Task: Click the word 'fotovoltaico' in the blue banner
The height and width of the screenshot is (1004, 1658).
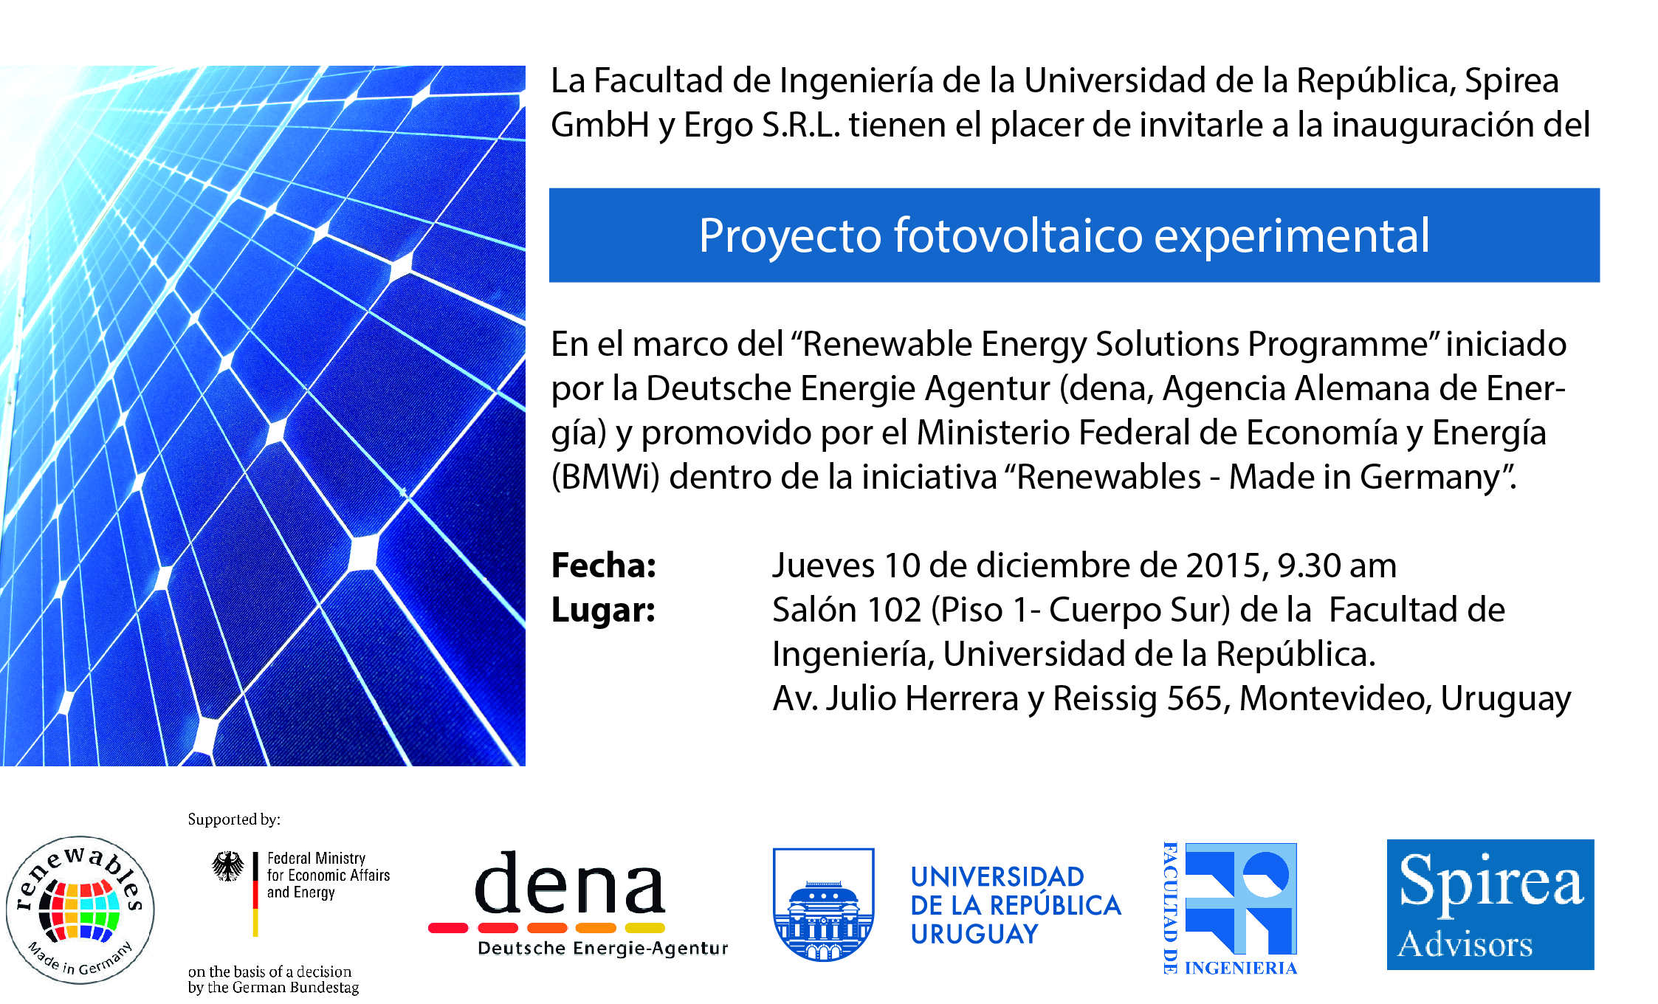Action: pos(1017,235)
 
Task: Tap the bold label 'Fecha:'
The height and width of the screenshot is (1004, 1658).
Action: pos(604,565)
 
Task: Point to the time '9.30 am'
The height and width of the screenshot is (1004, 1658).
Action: pos(1337,565)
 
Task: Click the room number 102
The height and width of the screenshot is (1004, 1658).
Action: pos(894,611)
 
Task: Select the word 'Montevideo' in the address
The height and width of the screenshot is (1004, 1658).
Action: pos(1335,698)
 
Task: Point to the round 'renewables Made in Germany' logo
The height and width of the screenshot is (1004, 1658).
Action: pos(80,910)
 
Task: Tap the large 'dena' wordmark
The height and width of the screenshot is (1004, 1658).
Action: pos(569,883)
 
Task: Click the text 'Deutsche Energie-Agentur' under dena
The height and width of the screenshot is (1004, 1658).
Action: pos(602,949)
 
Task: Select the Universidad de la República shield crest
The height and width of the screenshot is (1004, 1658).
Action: pos(823,904)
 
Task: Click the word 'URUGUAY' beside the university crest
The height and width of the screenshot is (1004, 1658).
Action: pos(974,935)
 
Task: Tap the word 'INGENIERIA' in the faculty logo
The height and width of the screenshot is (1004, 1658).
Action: pos(1241,969)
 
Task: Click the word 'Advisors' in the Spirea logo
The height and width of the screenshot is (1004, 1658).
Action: pos(1465,944)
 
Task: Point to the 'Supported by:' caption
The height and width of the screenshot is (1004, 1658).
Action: pos(234,819)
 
